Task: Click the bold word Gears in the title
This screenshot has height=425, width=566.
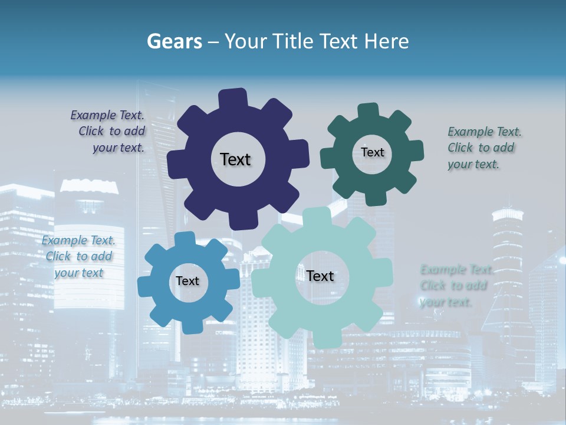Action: point(175,41)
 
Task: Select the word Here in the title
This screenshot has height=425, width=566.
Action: point(387,41)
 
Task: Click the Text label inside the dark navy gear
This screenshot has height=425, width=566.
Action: point(235,159)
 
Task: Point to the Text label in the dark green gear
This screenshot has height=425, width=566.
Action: point(372,152)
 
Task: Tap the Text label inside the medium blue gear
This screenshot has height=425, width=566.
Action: point(187,281)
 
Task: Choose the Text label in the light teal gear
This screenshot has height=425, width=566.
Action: point(320,276)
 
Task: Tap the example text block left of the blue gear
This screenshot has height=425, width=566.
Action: point(78,257)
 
